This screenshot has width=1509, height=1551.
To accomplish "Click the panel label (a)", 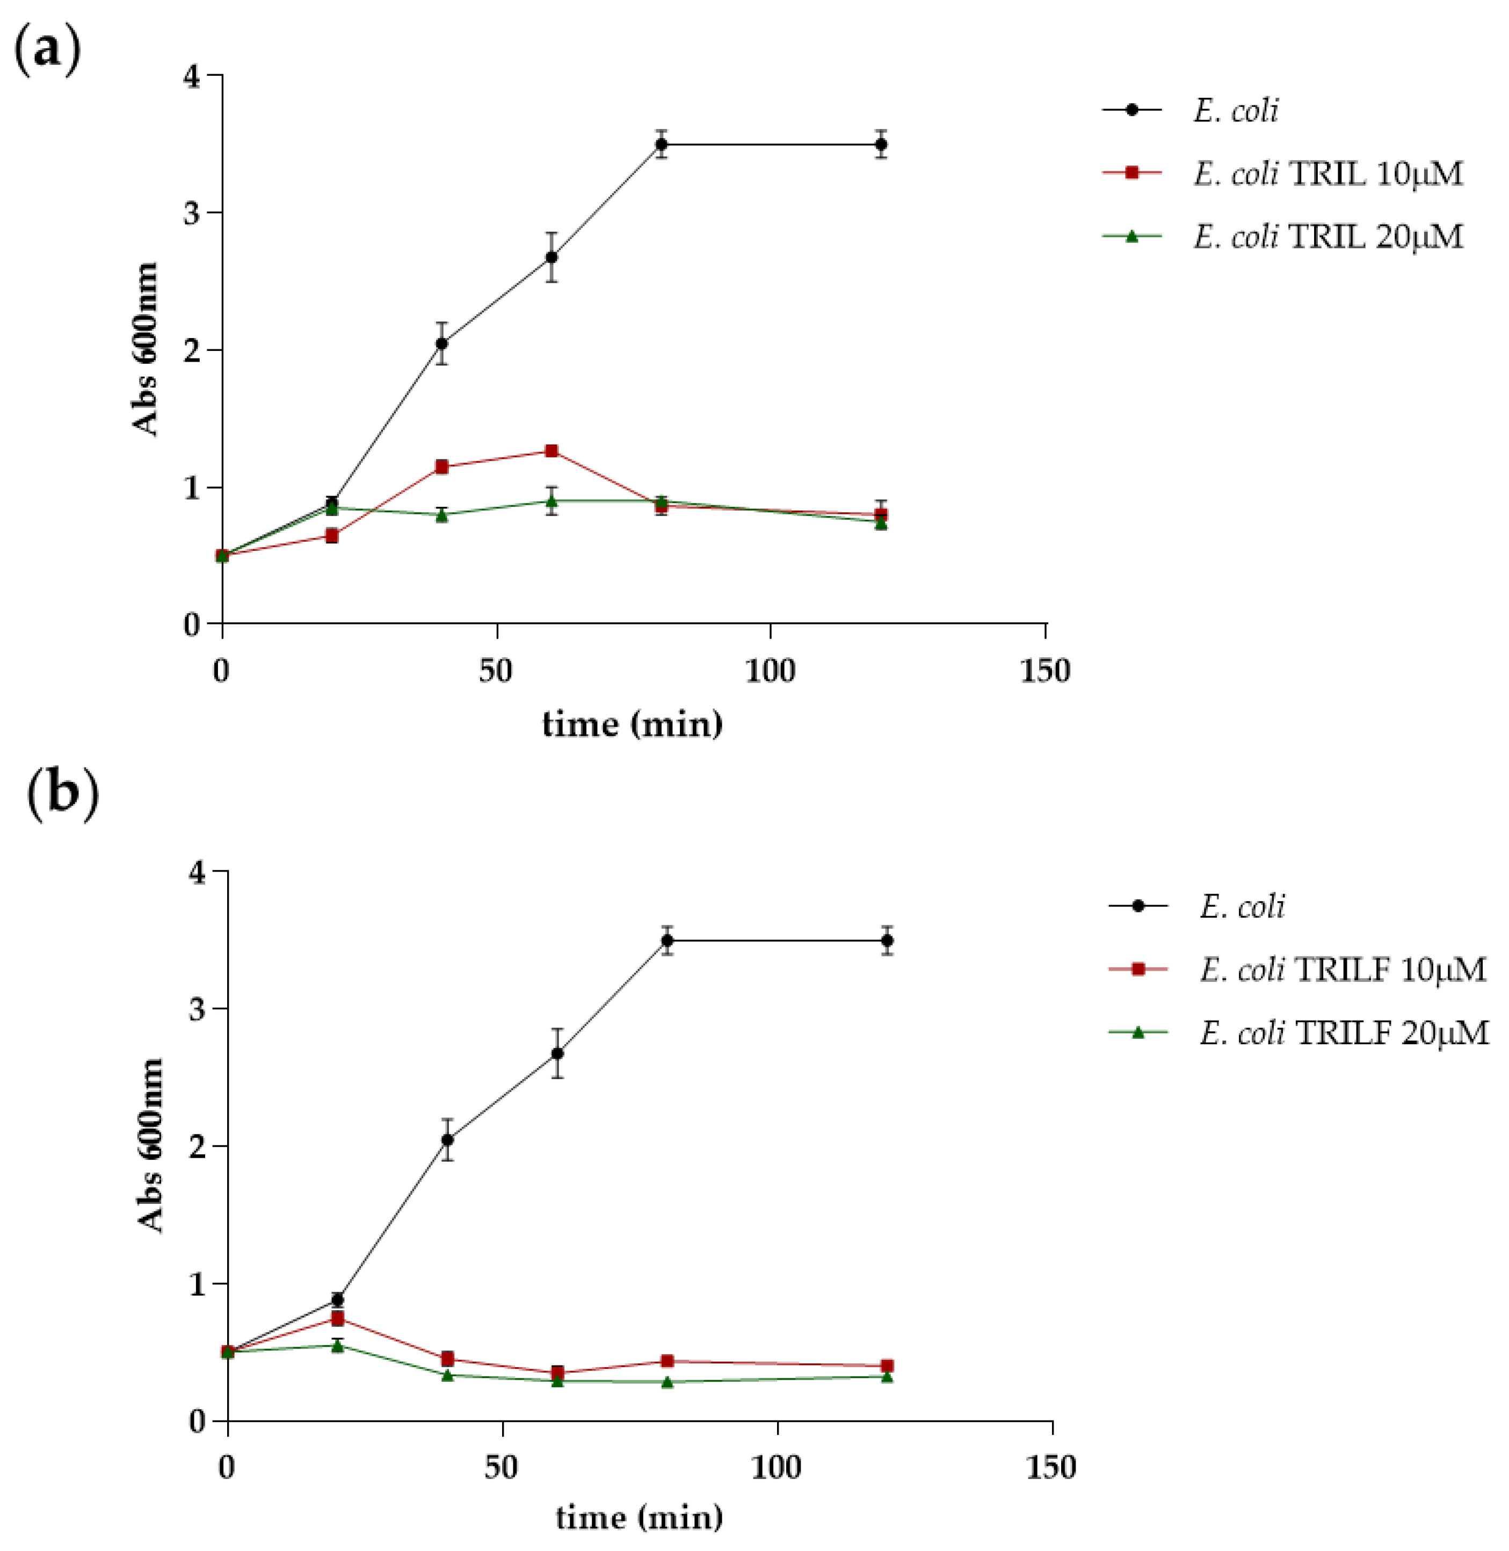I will click(x=48, y=49).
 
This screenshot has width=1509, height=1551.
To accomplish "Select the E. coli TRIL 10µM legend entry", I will click(x=1327, y=174).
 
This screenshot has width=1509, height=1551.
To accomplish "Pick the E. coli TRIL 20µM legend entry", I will click(x=1327, y=237).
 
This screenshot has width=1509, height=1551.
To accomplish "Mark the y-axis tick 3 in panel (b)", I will click(x=197, y=1009).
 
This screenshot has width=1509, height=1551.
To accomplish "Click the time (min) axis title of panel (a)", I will click(x=632, y=724).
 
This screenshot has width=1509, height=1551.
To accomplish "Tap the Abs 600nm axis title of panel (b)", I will click(x=150, y=1145).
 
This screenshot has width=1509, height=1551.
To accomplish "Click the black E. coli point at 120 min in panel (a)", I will click(x=881, y=145).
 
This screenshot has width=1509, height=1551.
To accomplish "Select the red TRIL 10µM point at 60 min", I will click(x=552, y=451).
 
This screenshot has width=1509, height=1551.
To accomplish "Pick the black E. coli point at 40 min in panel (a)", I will click(x=441, y=343).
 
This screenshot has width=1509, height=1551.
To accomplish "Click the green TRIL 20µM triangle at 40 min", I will click(x=441, y=515).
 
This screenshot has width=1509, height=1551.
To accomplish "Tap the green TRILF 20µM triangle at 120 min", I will click(x=887, y=1376).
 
